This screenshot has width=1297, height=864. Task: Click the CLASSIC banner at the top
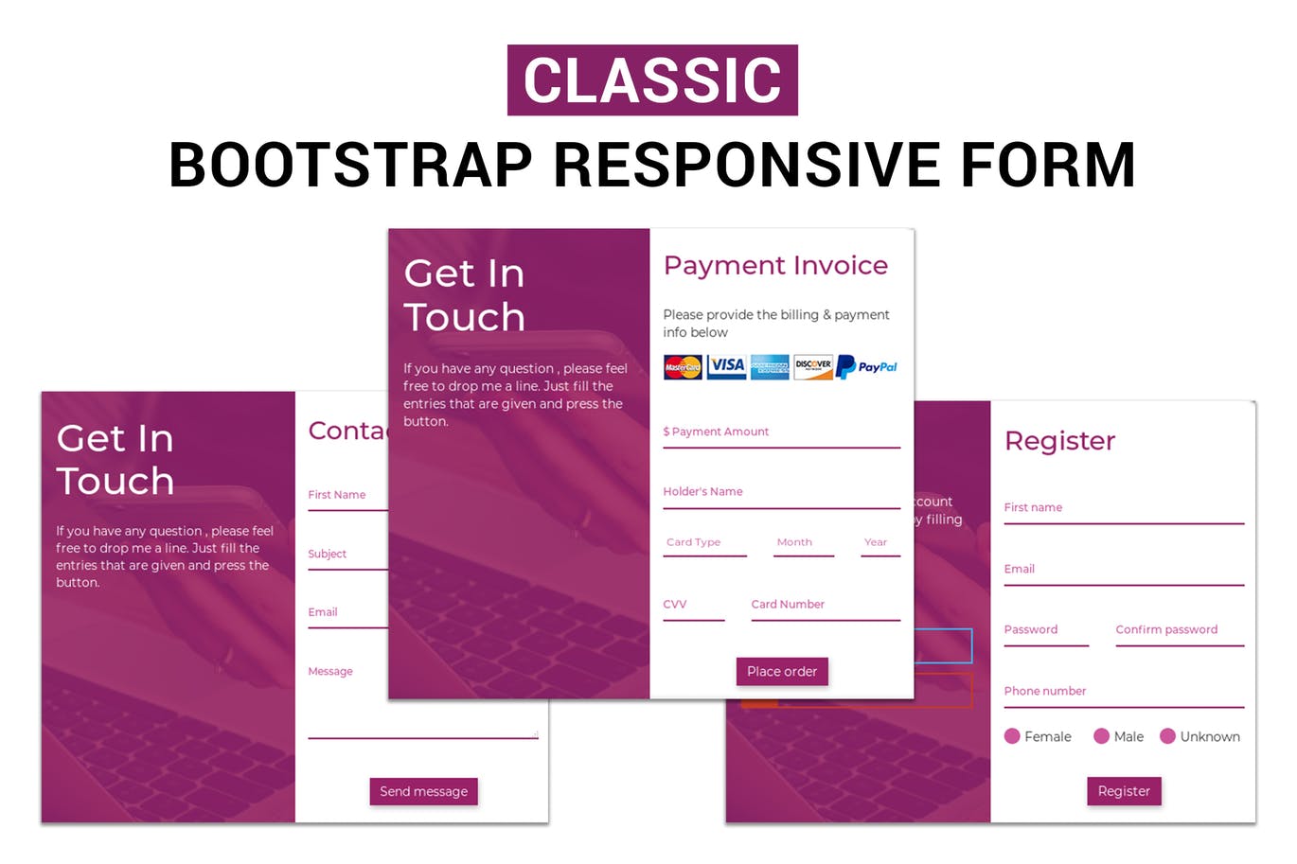click(x=652, y=80)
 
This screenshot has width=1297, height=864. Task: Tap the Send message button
click(x=423, y=791)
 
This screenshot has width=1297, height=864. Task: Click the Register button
click(x=1124, y=791)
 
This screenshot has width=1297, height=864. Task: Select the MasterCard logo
click(x=683, y=367)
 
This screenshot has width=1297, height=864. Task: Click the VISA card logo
click(x=727, y=366)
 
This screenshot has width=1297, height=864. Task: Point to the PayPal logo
click(x=867, y=367)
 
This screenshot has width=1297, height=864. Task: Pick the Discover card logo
click(x=813, y=367)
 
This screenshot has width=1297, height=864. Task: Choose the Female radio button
click(x=1012, y=736)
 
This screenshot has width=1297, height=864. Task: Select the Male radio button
click(x=1101, y=736)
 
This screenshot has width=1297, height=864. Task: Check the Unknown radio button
click(x=1167, y=736)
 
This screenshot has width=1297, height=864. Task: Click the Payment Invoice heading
click(x=775, y=266)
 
